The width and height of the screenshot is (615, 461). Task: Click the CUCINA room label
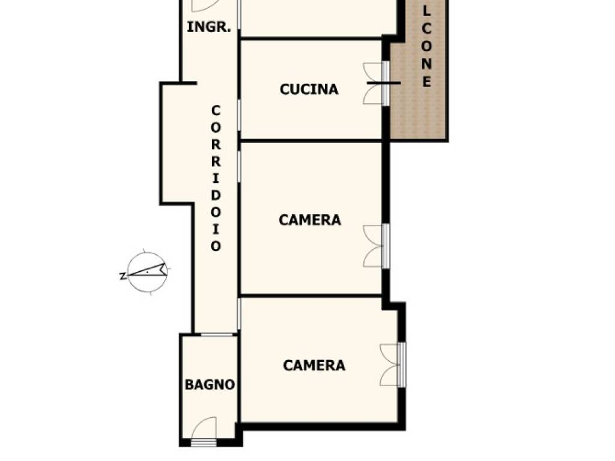point(309,89)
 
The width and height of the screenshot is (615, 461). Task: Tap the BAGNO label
point(210,385)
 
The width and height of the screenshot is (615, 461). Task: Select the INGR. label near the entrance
point(208,27)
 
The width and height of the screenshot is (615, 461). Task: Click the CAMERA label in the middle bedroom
point(309,220)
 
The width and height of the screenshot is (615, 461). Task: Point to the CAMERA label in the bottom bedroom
point(314,366)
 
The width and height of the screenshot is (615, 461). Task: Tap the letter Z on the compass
point(123,276)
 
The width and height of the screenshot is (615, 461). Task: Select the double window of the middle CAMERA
point(377,246)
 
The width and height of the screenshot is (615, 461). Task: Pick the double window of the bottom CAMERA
point(393,365)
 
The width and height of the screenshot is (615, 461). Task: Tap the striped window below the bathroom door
point(204,442)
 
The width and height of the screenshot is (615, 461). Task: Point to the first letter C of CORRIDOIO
point(216,111)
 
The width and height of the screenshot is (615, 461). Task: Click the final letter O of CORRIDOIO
point(216,246)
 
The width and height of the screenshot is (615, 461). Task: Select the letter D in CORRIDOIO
point(216,195)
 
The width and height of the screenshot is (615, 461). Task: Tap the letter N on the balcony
point(426,64)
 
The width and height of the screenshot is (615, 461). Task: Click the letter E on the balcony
point(426,82)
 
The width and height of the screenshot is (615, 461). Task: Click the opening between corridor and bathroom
point(217,334)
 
